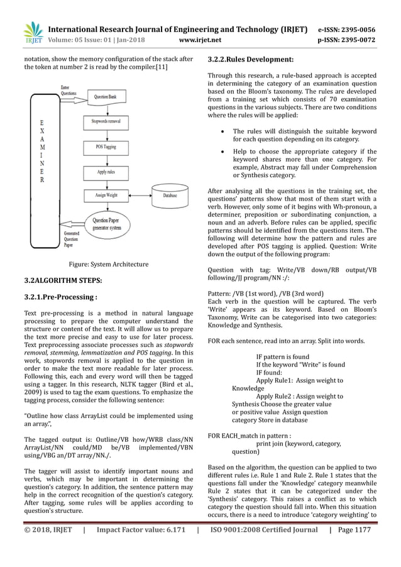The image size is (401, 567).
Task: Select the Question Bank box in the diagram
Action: point(104,97)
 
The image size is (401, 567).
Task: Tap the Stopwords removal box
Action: point(106,121)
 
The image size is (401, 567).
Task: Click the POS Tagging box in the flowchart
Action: point(105,146)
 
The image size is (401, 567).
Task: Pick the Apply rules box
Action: point(105,171)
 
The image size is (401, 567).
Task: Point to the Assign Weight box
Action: point(105,196)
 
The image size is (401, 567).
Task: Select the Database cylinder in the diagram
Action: point(169,196)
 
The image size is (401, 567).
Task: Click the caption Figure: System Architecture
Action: point(108,264)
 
